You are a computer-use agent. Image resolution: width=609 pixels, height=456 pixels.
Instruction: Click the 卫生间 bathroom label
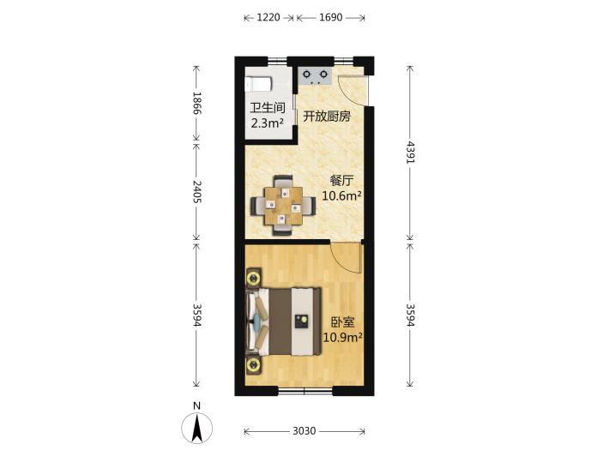tap(268, 108)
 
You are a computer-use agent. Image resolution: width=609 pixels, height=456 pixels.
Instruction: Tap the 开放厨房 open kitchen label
tap(327, 116)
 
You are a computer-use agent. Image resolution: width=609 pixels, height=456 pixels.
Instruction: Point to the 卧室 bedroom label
tap(342, 322)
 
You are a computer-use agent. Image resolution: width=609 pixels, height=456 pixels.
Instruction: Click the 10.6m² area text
tap(341, 195)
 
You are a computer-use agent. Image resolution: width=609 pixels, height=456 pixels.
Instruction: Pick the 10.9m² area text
tap(343, 337)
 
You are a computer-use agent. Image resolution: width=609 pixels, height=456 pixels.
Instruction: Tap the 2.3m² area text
tap(268, 123)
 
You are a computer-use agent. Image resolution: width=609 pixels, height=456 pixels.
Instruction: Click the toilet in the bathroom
tap(258, 84)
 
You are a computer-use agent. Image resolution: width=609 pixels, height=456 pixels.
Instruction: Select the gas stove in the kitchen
tap(315, 75)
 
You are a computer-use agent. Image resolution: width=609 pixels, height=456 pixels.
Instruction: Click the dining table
tap(283, 206)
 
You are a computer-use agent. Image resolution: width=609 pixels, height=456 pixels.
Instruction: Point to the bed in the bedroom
tap(284, 321)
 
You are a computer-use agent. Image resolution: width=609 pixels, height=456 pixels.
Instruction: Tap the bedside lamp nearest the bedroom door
tap(254, 278)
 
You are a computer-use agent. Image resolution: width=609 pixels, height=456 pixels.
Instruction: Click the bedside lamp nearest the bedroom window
tap(254, 364)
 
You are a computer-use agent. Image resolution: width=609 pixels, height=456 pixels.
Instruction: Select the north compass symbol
tap(197, 428)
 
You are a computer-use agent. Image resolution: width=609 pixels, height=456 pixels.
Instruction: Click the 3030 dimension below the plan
tap(304, 431)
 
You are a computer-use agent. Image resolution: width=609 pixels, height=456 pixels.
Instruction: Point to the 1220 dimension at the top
tap(268, 17)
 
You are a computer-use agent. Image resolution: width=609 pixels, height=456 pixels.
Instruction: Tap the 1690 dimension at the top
tap(331, 17)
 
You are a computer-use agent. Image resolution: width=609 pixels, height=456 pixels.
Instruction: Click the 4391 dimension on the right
tap(410, 153)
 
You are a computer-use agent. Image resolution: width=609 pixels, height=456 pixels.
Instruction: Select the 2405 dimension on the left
tap(196, 191)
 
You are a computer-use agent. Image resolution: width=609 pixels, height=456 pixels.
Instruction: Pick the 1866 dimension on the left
tap(196, 103)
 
